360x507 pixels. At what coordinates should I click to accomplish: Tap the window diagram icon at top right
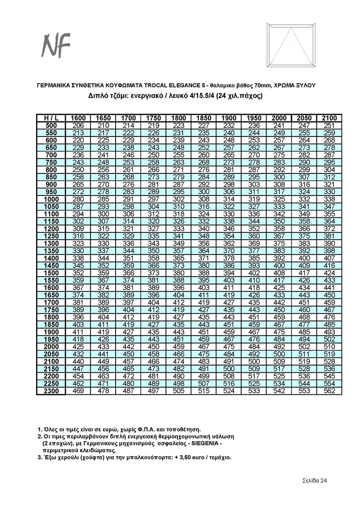pos(291,45)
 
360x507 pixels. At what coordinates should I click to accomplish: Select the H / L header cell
pos(51,118)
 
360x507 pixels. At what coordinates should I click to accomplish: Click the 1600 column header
pos(79,118)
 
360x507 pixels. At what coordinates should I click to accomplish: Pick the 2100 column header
pos(329,118)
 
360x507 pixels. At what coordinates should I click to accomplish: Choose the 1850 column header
pos(204,118)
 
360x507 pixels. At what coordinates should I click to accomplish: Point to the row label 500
pos(51,125)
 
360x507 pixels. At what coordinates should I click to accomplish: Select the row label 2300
pos(51,391)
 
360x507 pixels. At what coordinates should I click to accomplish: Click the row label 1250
pos(51,236)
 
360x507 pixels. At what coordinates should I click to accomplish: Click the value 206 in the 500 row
pos(79,125)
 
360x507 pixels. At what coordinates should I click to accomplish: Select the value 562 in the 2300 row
pos(329,391)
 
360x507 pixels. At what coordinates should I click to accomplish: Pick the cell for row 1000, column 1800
pos(179,199)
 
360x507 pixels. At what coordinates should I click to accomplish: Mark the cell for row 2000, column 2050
pos(304,347)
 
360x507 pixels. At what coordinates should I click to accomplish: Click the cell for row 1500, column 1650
pos(104,273)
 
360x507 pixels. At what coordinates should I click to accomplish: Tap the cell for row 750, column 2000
pos(279,162)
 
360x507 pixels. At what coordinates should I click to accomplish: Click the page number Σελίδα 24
pos(314,480)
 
